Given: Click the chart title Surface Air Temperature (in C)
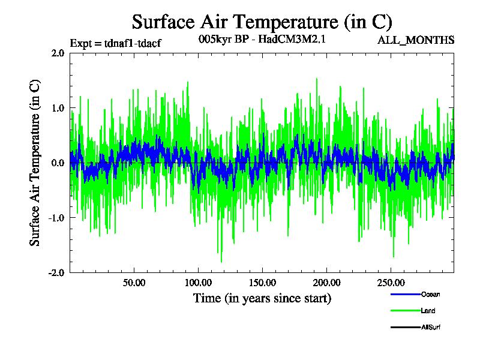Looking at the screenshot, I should coord(262,22).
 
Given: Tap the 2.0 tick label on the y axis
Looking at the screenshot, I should coord(58,53).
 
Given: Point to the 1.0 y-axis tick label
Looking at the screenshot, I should coord(58,108).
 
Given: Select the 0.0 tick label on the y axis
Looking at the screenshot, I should coord(58,163).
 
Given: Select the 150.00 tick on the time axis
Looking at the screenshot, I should coord(262,283).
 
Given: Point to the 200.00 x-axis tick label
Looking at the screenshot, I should coord(326,283).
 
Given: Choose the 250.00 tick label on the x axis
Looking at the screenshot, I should coord(390,283).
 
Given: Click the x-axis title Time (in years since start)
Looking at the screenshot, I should coord(262,298).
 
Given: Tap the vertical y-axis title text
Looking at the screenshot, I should coord(35,163).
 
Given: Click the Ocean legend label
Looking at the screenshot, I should coord(431,295).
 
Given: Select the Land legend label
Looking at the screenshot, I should coord(428,311).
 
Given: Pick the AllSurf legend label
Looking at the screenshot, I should coord(432,327).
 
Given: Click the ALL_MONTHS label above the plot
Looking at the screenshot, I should coord(415,41).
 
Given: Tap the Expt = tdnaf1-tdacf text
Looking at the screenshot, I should coord(116,43).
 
